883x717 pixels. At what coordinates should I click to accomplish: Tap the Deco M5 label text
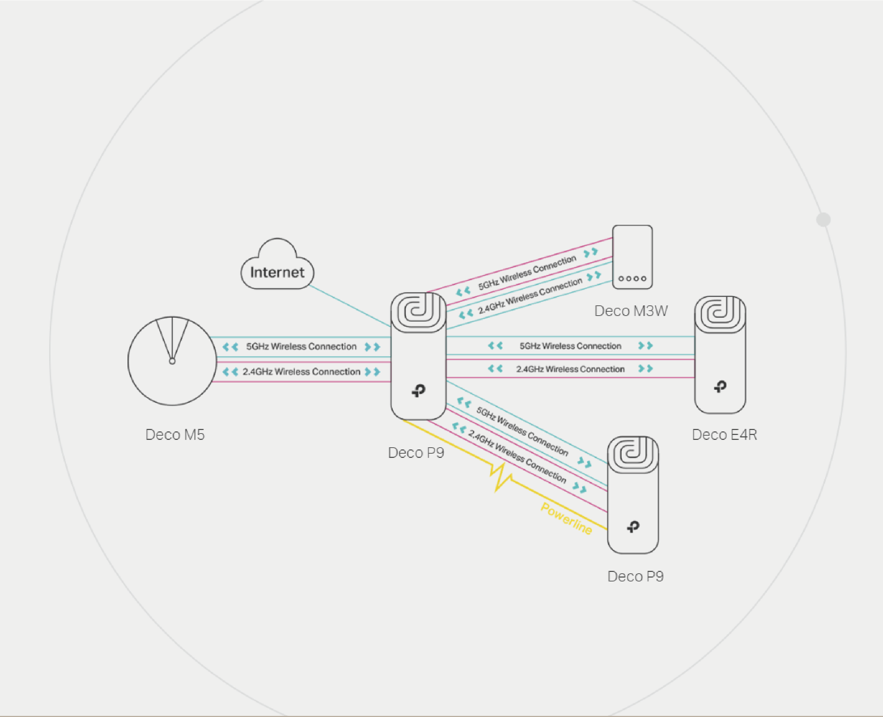point(175,435)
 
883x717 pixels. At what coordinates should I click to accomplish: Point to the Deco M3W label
point(630,311)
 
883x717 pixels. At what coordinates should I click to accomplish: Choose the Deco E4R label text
point(724,435)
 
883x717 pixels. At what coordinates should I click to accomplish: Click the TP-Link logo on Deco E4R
point(720,387)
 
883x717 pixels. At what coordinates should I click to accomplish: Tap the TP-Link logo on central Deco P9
point(419,390)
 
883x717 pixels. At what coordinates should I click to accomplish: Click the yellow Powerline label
point(566,518)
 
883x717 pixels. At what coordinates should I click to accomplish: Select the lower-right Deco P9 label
point(635,576)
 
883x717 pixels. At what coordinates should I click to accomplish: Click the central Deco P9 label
point(416,453)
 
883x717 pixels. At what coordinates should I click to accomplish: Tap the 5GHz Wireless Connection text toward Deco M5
point(301,347)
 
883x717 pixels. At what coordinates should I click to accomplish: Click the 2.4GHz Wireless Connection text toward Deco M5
point(301,372)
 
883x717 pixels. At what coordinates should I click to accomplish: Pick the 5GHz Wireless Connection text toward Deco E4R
point(570,346)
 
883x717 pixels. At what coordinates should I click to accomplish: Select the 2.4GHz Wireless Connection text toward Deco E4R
point(570,369)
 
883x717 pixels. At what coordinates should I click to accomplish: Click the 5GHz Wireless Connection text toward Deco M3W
point(527,273)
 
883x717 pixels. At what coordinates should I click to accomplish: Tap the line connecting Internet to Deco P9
point(350,306)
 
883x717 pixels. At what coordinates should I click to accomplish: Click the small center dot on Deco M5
point(172,361)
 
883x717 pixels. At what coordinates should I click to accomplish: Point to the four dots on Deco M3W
point(632,279)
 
